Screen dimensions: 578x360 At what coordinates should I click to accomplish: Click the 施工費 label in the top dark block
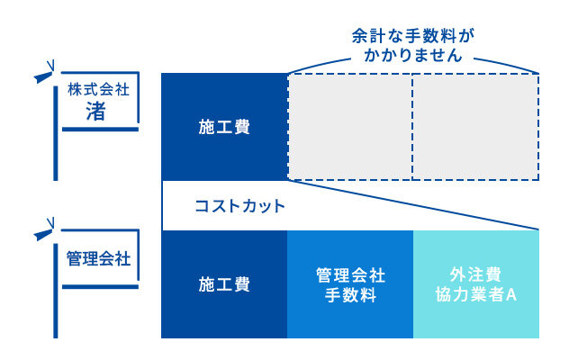224,127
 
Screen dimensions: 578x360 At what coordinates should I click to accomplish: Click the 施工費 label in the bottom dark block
224,284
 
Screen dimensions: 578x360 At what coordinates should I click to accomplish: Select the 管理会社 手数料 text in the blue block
350,285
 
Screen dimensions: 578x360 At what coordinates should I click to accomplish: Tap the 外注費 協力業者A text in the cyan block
475,284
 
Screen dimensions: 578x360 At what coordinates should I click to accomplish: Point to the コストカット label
240,206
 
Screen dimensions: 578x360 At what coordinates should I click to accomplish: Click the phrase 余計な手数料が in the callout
413,36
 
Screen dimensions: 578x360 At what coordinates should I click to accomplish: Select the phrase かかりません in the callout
413,55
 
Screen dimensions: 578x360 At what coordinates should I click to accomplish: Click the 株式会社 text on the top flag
98,89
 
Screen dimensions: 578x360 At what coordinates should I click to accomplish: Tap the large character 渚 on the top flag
95,111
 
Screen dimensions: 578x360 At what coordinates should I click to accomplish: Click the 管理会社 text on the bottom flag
98,258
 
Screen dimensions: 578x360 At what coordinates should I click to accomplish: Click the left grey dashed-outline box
350,127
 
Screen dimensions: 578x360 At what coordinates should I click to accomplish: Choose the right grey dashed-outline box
475,127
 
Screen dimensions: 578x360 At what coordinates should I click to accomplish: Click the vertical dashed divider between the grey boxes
412,127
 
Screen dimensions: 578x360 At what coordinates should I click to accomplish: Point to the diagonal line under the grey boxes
413,204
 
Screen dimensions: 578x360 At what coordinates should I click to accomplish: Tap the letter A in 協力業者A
511,294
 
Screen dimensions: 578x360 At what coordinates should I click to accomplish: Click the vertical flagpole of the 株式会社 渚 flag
56,133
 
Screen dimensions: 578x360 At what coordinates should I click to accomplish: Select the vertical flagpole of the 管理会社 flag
56,291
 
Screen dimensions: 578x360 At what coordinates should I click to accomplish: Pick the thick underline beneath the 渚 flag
100,130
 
